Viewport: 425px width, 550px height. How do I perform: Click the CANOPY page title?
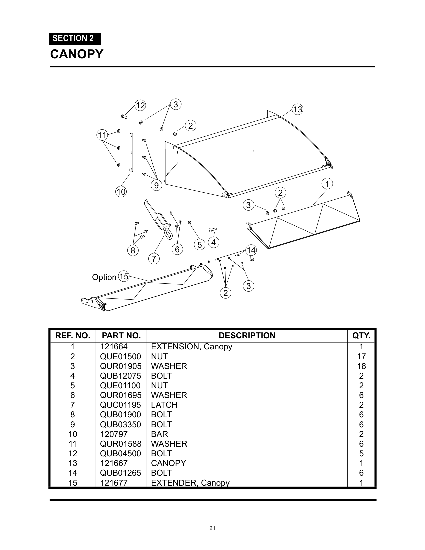tap(77, 54)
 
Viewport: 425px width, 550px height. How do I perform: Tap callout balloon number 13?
tap(297, 109)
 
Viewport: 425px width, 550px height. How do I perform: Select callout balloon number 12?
tap(140, 106)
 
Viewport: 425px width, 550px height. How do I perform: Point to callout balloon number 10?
tap(121, 192)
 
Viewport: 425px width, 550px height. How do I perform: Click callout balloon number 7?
tap(154, 259)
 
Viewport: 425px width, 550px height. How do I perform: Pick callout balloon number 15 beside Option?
tap(124, 276)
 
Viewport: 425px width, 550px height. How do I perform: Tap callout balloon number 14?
tap(251, 250)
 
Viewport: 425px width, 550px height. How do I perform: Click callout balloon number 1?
tap(327, 184)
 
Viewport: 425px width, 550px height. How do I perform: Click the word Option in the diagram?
tap(104, 277)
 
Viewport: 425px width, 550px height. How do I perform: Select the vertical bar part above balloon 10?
tap(131, 153)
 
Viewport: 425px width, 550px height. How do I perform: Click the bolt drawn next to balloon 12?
tap(124, 116)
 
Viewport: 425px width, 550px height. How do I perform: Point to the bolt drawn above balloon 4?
tap(212, 229)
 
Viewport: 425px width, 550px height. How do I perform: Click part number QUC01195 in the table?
tap(121, 405)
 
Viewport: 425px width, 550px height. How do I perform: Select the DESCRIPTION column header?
tap(247, 335)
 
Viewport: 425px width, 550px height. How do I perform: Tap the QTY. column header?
tap(361, 335)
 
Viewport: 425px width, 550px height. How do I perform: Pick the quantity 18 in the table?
tap(361, 366)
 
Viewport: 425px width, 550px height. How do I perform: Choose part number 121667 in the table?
tap(114, 463)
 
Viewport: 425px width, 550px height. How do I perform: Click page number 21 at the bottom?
tap(212, 528)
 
